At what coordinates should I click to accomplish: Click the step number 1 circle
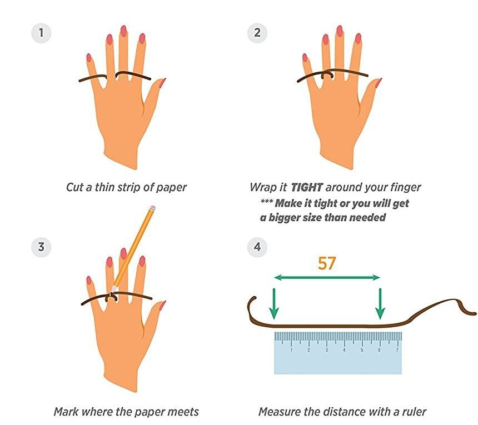click(40, 33)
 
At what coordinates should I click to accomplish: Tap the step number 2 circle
click(257, 33)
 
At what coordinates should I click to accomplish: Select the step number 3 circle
click(40, 247)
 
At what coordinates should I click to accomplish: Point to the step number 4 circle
click(257, 247)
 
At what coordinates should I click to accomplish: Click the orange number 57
click(327, 263)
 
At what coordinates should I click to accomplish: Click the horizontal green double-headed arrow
click(327, 277)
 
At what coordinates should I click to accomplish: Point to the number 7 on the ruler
click(397, 350)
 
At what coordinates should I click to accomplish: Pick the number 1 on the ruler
click(291, 350)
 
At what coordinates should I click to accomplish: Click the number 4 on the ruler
click(344, 350)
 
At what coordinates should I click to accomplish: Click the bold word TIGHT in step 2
click(308, 187)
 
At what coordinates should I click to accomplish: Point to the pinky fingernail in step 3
click(88, 281)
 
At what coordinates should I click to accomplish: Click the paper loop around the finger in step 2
click(327, 75)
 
